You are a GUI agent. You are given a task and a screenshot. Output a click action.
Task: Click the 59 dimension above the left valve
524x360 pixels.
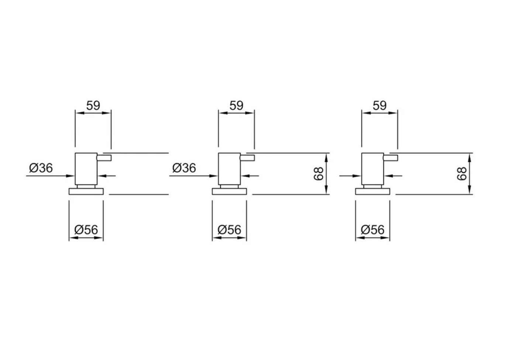pyautogui.click(x=93, y=105)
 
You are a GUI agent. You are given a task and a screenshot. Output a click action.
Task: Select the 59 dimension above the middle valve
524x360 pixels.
pyautogui.click(x=236, y=105)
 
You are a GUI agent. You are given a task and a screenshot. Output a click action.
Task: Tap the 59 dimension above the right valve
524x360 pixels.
pyautogui.click(x=379, y=105)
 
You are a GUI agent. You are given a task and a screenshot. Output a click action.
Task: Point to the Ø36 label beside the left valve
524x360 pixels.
pyautogui.click(x=41, y=168)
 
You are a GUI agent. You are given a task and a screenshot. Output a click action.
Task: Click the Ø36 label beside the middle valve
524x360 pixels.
pyautogui.click(x=184, y=168)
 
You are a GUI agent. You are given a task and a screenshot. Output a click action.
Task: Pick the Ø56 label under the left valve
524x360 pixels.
pyautogui.click(x=86, y=230)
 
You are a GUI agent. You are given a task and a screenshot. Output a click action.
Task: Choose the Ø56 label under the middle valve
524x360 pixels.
pyautogui.click(x=229, y=230)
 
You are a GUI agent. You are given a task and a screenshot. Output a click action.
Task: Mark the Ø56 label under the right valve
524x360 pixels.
pyautogui.click(x=372, y=230)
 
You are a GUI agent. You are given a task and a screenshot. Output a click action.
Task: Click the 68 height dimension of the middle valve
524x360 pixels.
pyautogui.click(x=318, y=173)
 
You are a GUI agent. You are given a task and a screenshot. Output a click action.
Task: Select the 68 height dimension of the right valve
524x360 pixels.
pyautogui.click(x=462, y=173)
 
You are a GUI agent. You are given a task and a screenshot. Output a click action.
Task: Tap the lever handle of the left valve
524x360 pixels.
pyautogui.click(x=104, y=158)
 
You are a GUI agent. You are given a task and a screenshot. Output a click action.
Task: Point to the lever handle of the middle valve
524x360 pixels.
pyautogui.click(x=247, y=158)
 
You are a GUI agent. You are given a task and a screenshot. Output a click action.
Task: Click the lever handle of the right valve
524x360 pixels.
pyautogui.click(x=390, y=158)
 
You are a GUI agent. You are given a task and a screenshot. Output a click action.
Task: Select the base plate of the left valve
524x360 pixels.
pyautogui.click(x=86, y=191)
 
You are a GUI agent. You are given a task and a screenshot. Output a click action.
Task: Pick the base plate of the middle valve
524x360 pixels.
pyautogui.click(x=229, y=191)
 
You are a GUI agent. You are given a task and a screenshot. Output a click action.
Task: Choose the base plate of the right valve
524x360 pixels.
pyautogui.click(x=372, y=191)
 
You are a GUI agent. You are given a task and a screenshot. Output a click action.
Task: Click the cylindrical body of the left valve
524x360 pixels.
pyautogui.click(x=86, y=169)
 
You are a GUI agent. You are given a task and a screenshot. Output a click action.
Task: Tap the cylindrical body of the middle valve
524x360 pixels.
pyautogui.click(x=229, y=169)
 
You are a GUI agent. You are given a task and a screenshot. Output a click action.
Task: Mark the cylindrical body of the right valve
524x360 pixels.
pyautogui.click(x=372, y=169)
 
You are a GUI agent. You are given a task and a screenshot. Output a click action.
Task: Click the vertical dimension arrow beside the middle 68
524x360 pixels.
pyautogui.click(x=327, y=173)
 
